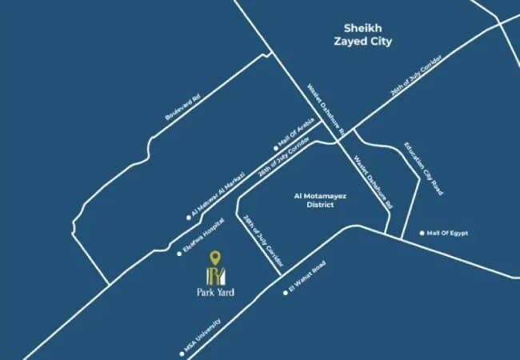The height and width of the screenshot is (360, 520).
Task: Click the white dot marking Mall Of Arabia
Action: [x=276, y=148]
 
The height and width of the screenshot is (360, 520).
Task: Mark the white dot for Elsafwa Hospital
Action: [x=179, y=254]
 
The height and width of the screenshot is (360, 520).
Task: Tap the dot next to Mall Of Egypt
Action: [x=422, y=234]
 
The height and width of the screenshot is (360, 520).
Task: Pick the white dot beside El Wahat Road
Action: [x=285, y=293]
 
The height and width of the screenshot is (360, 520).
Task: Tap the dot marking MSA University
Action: [x=182, y=353]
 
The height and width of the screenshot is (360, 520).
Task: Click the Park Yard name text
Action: [x=215, y=291]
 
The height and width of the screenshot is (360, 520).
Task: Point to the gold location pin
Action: [x=215, y=258]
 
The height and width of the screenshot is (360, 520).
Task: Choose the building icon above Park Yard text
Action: [x=215, y=275]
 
